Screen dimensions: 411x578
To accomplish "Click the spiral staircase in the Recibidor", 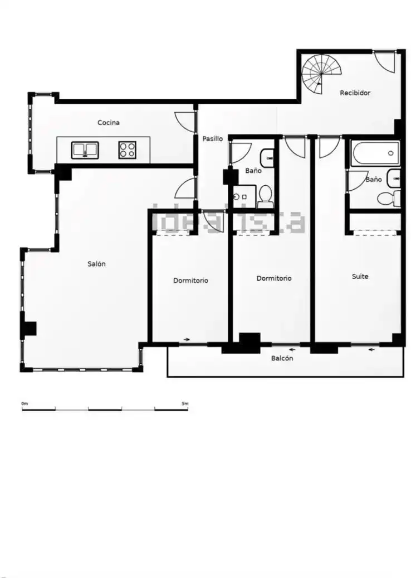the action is click(321, 74).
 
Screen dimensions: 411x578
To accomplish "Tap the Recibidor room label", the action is click(355, 93).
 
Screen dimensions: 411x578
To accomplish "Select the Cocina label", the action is click(108, 122).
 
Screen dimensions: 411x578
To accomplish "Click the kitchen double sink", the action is click(85, 150).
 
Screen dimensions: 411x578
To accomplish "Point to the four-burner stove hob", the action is click(128, 150).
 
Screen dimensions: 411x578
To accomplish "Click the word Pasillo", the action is click(213, 139).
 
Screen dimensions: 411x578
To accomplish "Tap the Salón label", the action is click(96, 264).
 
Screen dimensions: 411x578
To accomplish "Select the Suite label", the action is click(360, 277).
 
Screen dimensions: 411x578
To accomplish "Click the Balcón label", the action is click(282, 358).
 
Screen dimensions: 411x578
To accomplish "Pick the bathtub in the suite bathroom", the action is click(375, 153).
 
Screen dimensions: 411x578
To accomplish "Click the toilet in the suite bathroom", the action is click(389, 199).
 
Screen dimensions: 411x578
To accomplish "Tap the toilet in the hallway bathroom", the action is click(265, 196).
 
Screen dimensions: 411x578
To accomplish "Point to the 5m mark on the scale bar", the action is click(185, 403).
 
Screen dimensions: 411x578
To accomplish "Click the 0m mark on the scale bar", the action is click(25, 403).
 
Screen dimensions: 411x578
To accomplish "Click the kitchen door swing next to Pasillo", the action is click(184, 121).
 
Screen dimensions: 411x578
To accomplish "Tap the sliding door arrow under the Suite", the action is click(373, 349).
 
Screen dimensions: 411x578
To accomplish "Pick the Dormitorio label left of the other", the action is click(190, 281).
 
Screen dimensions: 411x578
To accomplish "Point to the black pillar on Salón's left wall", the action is click(29, 328).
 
